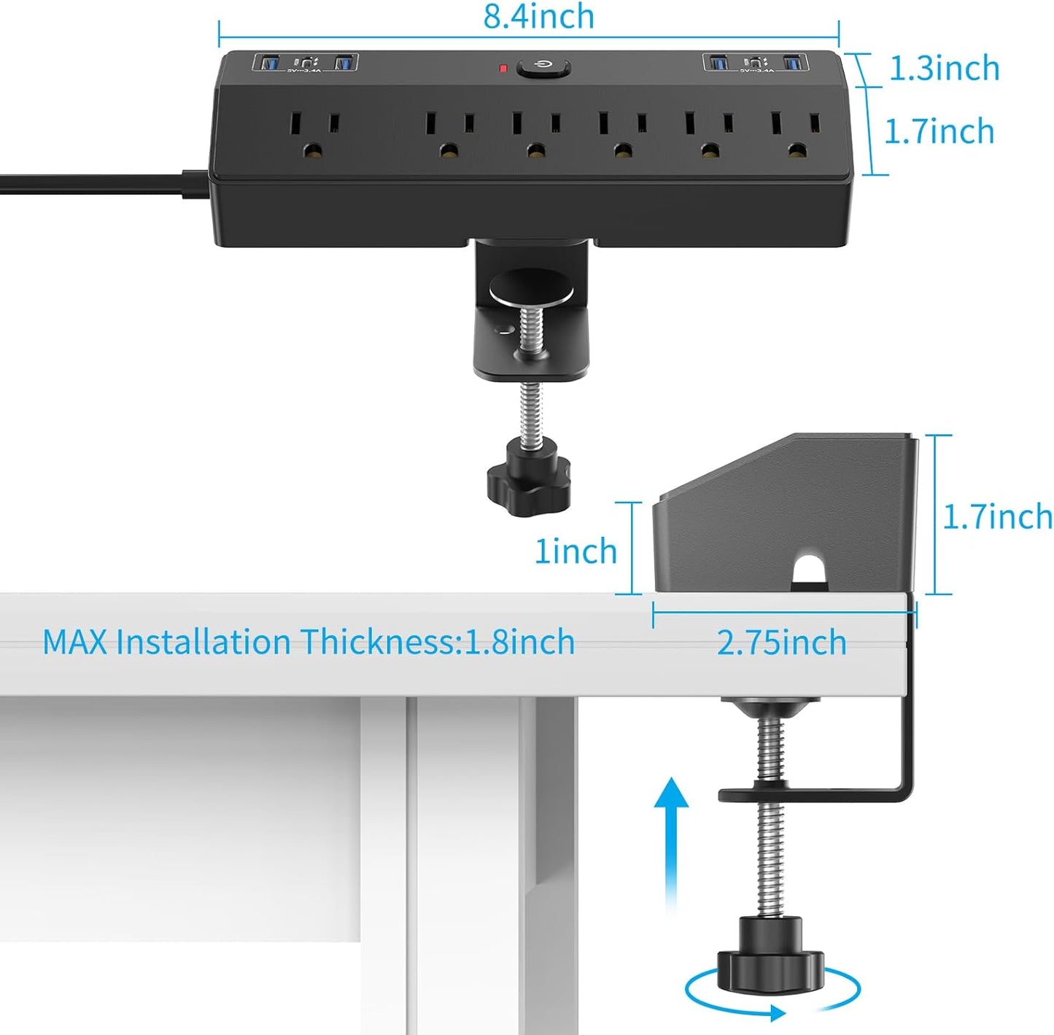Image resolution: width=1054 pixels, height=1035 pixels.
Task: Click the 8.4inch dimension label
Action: point(538,17)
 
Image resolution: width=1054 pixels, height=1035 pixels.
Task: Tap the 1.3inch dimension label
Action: point(944,68)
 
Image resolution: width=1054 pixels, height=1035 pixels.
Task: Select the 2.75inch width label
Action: point(781,643)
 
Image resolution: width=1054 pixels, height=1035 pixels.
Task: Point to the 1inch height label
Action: point(576,551)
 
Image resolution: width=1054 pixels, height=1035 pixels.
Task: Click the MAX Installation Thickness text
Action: point(309,642)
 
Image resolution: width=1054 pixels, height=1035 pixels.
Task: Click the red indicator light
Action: point(503,69)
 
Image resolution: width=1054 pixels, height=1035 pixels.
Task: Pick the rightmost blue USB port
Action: point(794,63)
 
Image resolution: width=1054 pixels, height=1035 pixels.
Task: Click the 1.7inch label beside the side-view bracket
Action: point(997,517)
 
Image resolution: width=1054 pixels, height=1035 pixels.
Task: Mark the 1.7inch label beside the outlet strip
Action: point(939,132)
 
